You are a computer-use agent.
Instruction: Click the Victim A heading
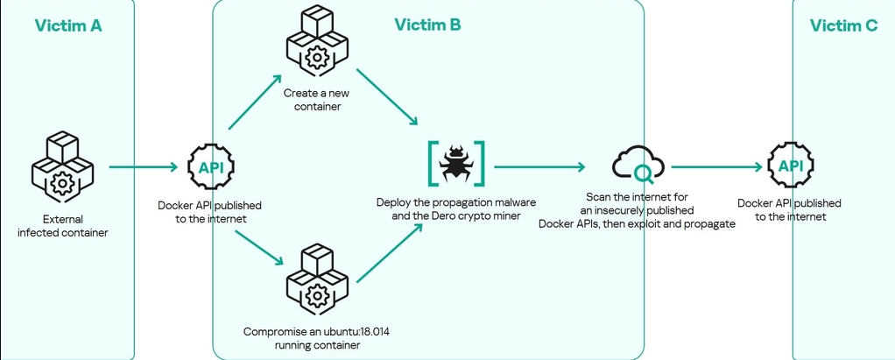click(68, 25)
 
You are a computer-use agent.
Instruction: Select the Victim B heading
click(427, 25)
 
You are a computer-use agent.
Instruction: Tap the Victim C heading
click(843, 25)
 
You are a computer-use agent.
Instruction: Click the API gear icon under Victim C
click(791, 166)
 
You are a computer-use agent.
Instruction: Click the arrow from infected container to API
click(143, 167)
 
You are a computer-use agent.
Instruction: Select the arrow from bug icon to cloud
click(539, 166)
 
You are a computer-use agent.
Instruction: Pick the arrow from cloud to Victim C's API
click(716, 167)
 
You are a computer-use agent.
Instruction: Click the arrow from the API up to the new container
click(255, 102)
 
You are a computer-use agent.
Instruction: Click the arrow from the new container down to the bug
click(386, 97)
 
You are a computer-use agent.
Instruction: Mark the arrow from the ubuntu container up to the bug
click(390, 253)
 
